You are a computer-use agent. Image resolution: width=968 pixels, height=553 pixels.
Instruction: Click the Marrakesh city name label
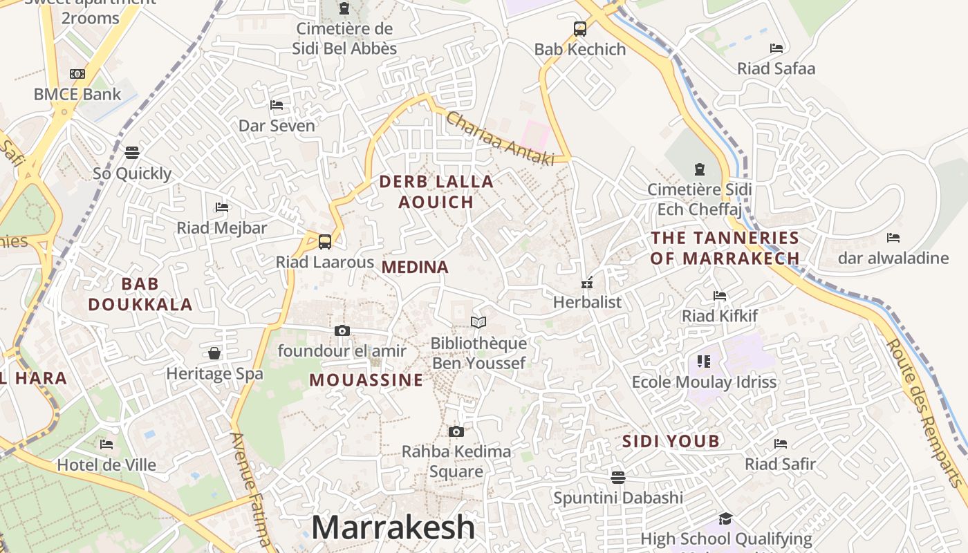(x=393, y=527)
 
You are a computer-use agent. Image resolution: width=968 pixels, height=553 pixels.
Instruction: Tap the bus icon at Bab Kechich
(x=580, y=29)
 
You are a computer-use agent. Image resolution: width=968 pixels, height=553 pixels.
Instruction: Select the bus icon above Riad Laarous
(x=324, y=242)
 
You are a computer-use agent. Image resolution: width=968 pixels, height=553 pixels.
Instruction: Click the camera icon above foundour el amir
(x=342, y=331)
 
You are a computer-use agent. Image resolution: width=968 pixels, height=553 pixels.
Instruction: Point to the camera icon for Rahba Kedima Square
(x=456, y=432)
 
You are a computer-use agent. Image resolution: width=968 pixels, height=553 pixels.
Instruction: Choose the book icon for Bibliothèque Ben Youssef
(x=478, y=322)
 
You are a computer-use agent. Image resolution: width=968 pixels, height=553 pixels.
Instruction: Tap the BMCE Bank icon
(x=77, y=74)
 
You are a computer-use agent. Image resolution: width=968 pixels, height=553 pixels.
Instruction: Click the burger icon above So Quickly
(x=132, y=153)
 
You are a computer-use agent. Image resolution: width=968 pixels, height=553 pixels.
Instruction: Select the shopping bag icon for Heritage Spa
(x=214, y=354)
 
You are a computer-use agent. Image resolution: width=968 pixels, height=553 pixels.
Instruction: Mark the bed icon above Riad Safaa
(x=776, y=48)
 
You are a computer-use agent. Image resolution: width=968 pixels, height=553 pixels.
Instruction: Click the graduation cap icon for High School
(x=725, y=518)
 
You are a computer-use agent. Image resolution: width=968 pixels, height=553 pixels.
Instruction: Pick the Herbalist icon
(x=587, y=283)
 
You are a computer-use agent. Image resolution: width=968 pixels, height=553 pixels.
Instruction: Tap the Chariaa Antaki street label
(x=500, y=139)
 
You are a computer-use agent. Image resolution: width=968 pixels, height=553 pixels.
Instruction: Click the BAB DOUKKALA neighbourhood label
(x=140, y=294)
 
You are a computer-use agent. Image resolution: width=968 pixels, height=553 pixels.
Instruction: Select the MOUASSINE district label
(x=366, y=380)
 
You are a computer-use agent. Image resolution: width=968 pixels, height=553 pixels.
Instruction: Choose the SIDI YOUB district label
(x=671, y=441)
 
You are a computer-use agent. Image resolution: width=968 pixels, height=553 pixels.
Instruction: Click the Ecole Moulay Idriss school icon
(x=704, y=362)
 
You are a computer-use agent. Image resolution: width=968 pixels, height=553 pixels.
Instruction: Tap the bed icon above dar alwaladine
(x=893, y=238)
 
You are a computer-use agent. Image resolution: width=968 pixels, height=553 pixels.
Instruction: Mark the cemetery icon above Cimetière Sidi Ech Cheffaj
(x=699, y=169)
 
